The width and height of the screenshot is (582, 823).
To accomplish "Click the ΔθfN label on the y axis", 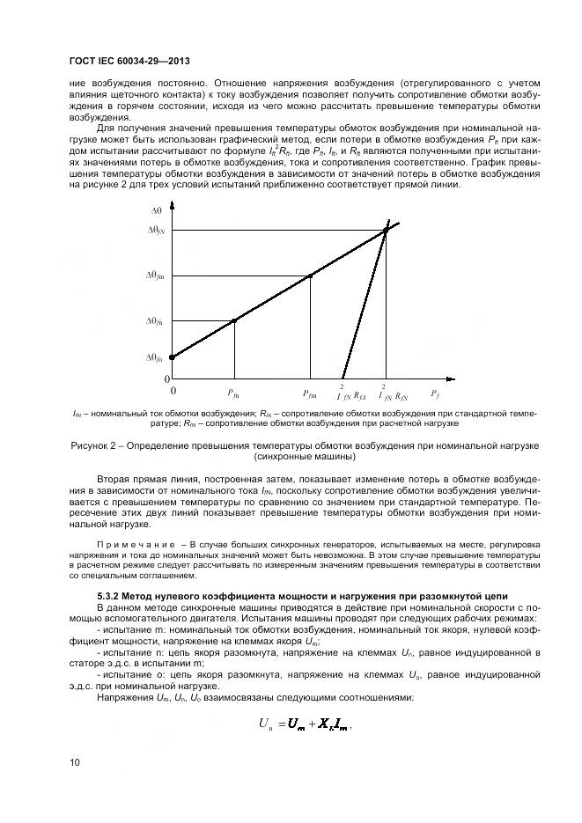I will (x=155, y=230).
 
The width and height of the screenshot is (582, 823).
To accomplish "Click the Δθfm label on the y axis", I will (x=155, y=276).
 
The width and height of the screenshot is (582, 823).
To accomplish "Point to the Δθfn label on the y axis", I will (x=155, y=321).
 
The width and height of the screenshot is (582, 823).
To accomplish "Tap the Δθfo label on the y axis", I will (x=155, y=357).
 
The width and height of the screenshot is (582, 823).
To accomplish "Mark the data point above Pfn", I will (x=233, y=320).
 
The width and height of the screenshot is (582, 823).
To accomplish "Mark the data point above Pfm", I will (x=310, y=276).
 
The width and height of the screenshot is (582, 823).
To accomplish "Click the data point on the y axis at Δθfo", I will (x=172, y=356).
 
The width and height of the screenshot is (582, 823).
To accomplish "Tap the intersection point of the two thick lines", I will (x=386, y=231).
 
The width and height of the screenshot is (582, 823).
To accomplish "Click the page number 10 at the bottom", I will (x=74, y=761).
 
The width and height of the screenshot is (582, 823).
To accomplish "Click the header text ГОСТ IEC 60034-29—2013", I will (x=129, y=62).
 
